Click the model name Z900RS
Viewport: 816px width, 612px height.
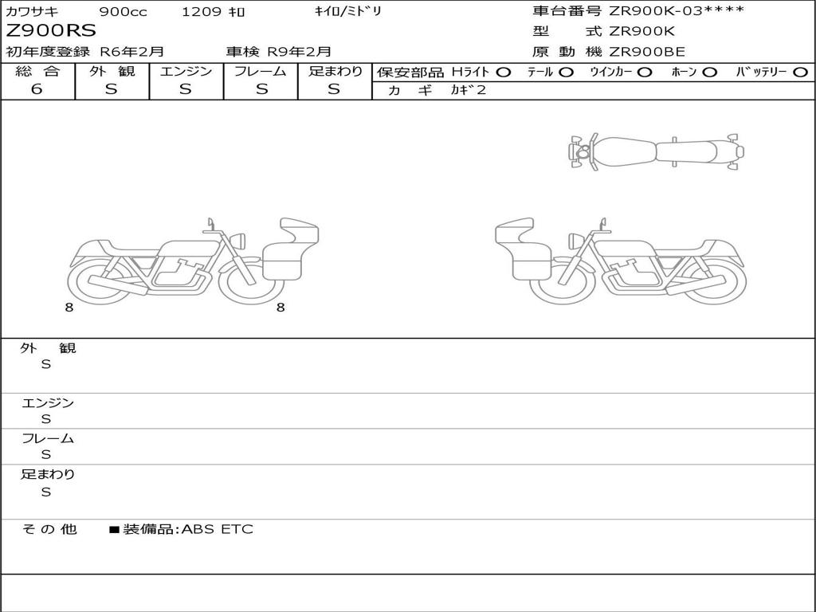(x=51, y=31)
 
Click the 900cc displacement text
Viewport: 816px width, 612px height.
(x=123, y=11)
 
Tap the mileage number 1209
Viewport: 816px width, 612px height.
(x=202, y=11)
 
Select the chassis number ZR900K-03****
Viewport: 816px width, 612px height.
(x=677, y=11)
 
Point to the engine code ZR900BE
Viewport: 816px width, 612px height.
(x=647, y=52)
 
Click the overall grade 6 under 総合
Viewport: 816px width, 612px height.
(x=37, y=89)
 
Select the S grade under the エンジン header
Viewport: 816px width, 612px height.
(x=185, y=89)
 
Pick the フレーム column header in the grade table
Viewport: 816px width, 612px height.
(x=261, y=71)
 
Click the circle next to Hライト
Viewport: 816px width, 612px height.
(x=504, y=73)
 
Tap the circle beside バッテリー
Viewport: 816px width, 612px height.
(x=800, y=73)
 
